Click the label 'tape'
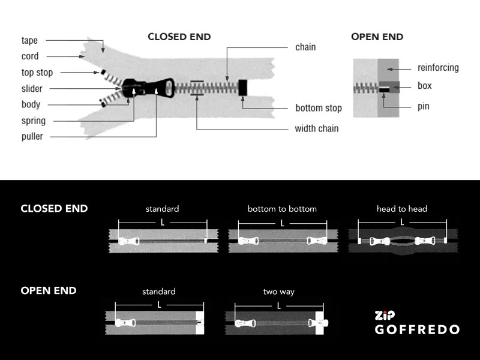point(29,40)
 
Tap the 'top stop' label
point(37,73)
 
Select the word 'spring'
point(34,121)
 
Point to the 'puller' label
point(32,137)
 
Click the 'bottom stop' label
point(319,108)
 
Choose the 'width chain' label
point(317,128)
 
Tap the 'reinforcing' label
point(438,68)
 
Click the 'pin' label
point(424,107)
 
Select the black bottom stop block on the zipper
point(243,88)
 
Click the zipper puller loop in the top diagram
point(166,88)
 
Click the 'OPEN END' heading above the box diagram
point(377,37)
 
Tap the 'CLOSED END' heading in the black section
point(54,208)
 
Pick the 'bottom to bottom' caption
point(282,209)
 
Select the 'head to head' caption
point(402,209)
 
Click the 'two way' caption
point(279,292)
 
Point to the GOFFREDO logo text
point(417,329)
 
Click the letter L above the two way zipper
point(279,306)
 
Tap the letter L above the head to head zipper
point(402,222)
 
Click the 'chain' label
point(305,47)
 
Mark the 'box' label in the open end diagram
point(425,86)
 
